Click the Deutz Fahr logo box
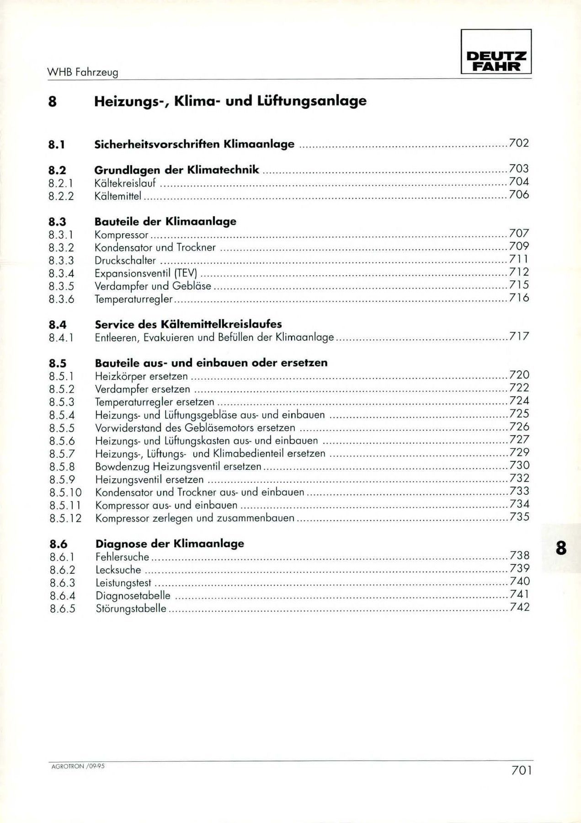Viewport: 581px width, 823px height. [496, 52]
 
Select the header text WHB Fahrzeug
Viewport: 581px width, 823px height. [83, 72]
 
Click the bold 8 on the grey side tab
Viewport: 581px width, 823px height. [561, 548]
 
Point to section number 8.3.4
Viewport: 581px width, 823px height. [61, 273]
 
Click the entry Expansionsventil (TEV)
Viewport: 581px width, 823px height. [146, 273]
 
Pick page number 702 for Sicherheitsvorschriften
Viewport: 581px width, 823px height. [519, 143]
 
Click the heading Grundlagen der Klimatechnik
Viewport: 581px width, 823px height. [176, 170]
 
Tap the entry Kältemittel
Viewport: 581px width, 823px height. [118, 196]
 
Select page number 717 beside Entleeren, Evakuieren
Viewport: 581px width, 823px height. [519, 337]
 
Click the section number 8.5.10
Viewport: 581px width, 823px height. [65, 492]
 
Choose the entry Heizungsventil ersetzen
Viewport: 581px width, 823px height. [149, 480]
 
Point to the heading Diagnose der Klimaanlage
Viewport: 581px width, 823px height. [170, 544]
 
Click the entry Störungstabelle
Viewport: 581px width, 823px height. [131, 609]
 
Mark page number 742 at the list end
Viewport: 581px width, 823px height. [520, 607]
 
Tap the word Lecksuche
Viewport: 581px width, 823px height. [118, 570]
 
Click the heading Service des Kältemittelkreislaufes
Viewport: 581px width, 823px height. [188, 324]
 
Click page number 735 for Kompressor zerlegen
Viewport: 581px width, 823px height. [520, 517]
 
